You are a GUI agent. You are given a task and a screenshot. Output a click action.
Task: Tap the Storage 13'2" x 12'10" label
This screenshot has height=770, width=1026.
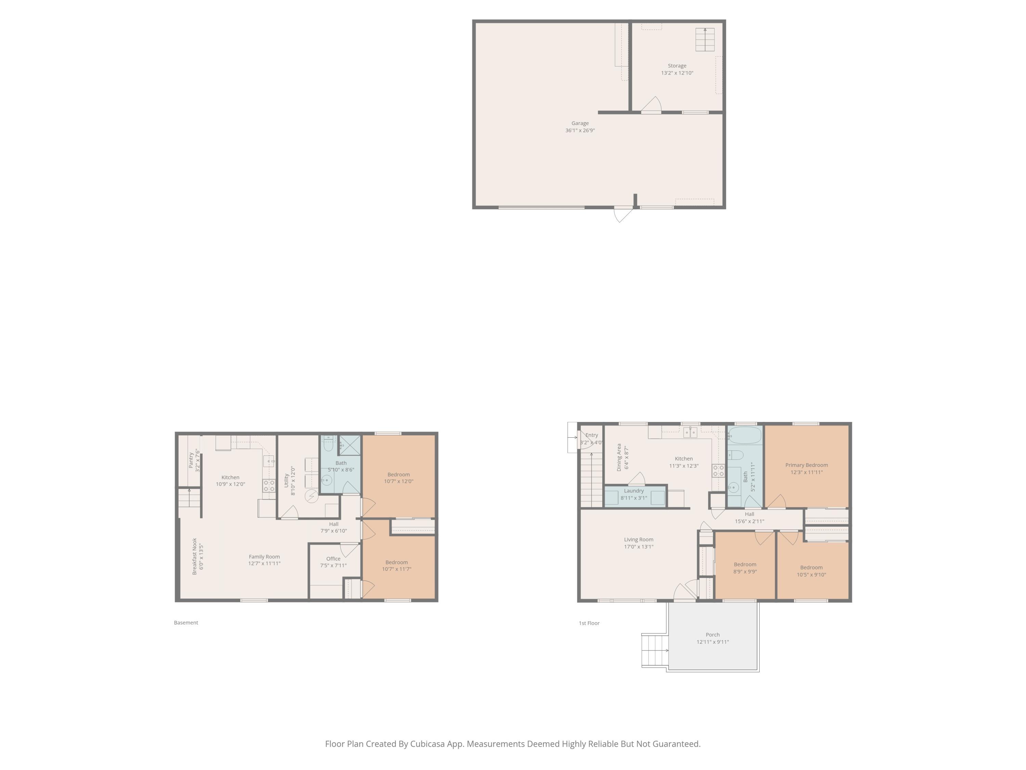[677, 69]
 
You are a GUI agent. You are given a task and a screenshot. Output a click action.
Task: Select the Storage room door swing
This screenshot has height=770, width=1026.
[652, 105]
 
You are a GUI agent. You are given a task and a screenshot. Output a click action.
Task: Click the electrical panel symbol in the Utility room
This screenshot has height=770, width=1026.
[311, 496]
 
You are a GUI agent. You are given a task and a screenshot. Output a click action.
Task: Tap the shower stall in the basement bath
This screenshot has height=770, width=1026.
[350, 445]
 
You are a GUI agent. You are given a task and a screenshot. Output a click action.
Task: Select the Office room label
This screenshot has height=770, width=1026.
[333, 559]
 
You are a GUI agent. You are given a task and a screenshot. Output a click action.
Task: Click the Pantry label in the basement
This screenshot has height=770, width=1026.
[190, 460]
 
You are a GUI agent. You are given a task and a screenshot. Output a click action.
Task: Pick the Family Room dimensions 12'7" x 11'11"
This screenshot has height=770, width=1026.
[264, 563]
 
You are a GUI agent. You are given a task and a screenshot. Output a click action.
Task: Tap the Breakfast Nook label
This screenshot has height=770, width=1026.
[194, 556]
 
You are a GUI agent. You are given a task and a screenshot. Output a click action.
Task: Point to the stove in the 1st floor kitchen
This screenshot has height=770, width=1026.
[718, 471]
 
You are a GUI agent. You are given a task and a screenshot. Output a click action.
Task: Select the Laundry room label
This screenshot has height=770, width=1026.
[634, 491]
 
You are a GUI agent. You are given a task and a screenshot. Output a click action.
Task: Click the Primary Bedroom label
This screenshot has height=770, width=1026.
[806, 465]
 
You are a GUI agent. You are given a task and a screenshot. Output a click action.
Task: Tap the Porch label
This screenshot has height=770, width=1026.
[712, 634]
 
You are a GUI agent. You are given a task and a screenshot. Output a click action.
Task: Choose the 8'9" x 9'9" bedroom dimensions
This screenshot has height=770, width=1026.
[745, 572]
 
